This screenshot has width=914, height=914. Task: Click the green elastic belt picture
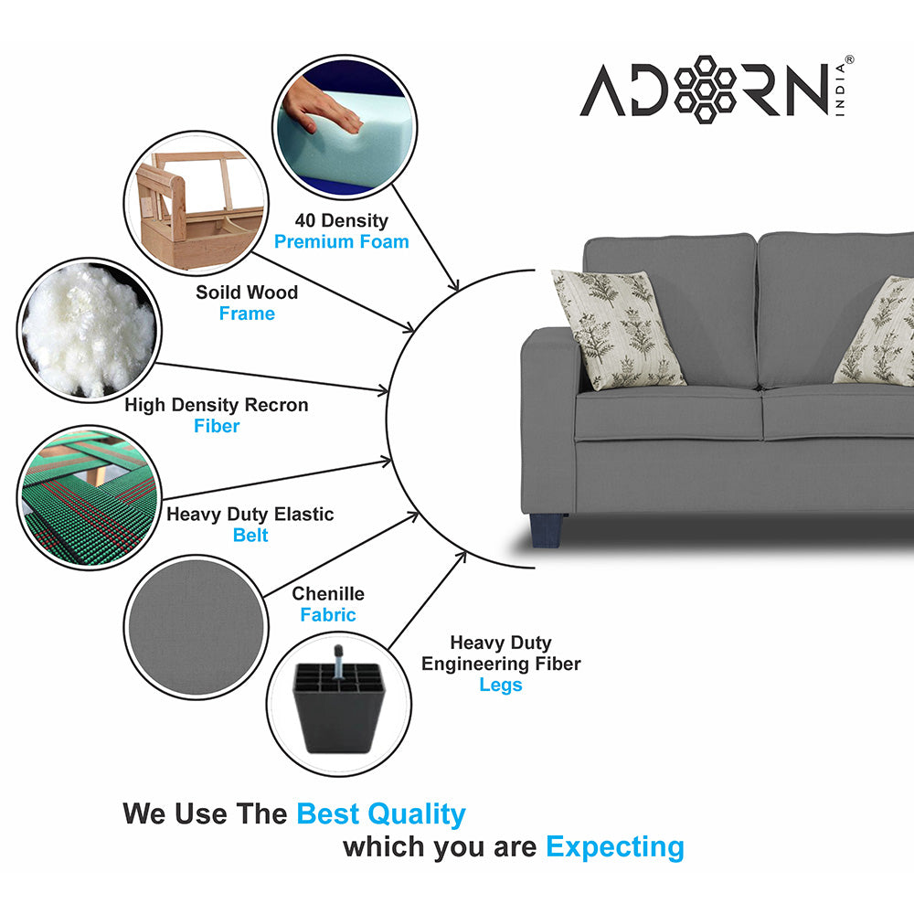[x=89, y=497]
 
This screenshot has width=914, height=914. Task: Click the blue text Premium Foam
[x=342, y=242]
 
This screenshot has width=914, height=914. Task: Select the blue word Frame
[x=247, y=314]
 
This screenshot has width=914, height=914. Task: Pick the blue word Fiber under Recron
[x=217, y=426]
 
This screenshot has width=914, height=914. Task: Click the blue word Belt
[x=250, y=536]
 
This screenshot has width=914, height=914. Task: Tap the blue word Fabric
[x=328, y=615]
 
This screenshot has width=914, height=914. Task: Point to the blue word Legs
[x=501, y=685]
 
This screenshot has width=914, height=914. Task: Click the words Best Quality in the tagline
[x=381, y=813]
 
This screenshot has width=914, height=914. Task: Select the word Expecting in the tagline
[x=615, y=847]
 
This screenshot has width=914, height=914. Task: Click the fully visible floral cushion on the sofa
[x=618, y=329]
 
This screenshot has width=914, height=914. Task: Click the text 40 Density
[x=341, y=220]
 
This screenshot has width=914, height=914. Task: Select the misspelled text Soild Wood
[x=247, y=292]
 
